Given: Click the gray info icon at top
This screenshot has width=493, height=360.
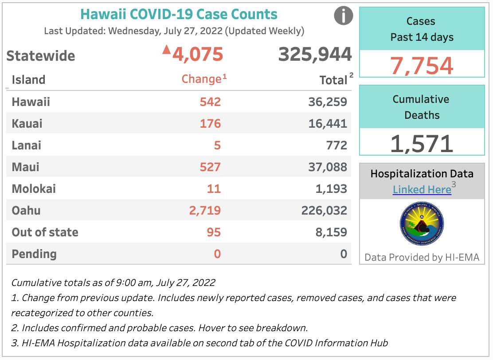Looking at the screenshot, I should (x=343, y=16).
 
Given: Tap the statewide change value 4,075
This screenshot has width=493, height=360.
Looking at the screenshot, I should (x=197, y=55).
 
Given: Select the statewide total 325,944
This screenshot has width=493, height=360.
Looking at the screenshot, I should (x=315, y=55).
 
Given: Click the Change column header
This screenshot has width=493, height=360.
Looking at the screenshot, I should (x=201, y=79).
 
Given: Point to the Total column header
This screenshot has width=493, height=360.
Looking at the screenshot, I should (x=333, y=80).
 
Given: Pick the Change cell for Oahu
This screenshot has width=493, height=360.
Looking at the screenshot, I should (x=205, y=210).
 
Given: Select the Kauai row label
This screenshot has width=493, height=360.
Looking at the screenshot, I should (x=27, y=123).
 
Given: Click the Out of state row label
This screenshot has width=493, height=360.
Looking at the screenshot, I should (x=45, y=232).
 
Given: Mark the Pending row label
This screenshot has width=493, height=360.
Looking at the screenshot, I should (x=34, y=254).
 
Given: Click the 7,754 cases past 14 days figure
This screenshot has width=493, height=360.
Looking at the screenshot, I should (x=422, y=66).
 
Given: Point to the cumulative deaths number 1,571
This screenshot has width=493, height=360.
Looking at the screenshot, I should (x=422, y=144).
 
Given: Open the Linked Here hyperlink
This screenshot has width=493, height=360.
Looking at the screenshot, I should (x=422, y=190).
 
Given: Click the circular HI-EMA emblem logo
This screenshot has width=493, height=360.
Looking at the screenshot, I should (x=422, y=223).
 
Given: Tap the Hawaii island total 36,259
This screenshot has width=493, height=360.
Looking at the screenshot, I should (x=328, y=102).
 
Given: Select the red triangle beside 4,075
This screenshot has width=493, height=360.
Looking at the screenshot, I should (x=167, y=49).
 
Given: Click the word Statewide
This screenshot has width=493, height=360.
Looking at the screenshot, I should (x=41, y=56).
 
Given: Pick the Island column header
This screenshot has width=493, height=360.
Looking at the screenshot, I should (x=28, y=80).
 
